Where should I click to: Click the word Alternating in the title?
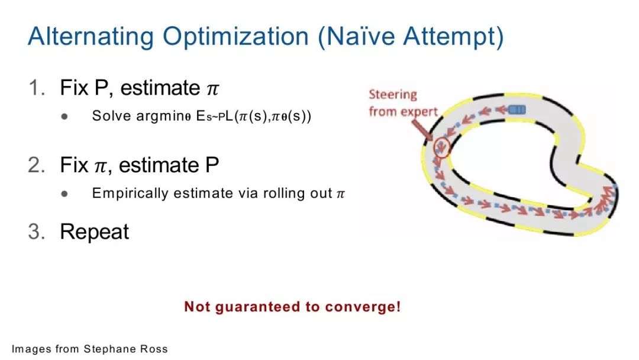91,37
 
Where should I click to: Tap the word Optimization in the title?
235,37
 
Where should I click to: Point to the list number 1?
37,88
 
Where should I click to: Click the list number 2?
37,165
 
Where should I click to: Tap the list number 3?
37,232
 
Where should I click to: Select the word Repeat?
94,232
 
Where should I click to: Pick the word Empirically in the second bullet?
130,193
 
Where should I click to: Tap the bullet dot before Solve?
64,117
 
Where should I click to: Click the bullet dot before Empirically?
64,194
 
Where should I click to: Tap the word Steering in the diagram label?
393,95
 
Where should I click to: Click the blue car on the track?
517,110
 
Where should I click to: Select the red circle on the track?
442,147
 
